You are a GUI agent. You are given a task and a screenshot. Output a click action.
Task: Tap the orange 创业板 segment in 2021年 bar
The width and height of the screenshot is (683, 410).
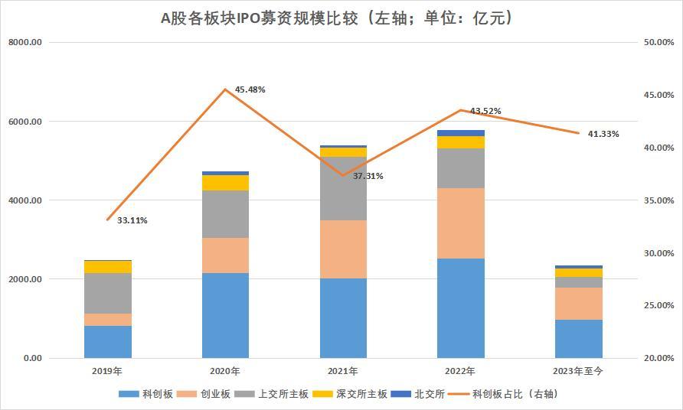pyautogui.click(x=343, y=249)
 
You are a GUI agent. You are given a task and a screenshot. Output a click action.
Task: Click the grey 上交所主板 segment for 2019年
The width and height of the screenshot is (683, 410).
pyautogui.click(x=108, y=293)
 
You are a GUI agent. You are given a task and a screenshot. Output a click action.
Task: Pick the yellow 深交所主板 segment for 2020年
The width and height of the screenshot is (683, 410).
pyautogui.click(x=225, y=182)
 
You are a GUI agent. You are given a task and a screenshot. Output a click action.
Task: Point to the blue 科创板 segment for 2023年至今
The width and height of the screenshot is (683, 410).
pyautogui.click(x=578, y=338)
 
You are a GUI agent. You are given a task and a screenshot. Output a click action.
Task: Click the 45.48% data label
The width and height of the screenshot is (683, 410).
pyautogui.click(x=250, y=89)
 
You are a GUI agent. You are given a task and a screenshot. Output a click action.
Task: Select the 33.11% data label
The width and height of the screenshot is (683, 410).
pyautogui.click(x=132, y=220)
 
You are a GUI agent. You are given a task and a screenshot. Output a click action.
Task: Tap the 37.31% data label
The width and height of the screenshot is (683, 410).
pyautogui.click(x=368, y=176)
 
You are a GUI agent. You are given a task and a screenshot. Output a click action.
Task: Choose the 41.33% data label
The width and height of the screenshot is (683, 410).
pyautogui.click(x=603, y=134)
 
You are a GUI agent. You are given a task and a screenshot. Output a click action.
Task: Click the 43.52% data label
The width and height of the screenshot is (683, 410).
pyautogui.click(x=485, y=111)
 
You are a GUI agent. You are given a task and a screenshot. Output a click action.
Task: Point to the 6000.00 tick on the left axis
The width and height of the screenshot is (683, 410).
pyautogui.click(x=25, y=122)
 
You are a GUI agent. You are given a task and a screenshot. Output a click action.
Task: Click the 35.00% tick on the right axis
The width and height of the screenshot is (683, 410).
pyautogui.click(x=657, y=200)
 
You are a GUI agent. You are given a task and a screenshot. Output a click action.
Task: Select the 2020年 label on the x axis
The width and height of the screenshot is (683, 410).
pyautogui.click(x=225, y=371)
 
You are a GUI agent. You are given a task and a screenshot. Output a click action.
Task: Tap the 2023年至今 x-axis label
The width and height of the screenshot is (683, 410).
pyautogui.click(x=578, y=371)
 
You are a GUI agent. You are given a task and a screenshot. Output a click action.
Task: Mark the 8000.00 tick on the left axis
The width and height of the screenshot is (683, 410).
pyautogui.click(x=25, y=43)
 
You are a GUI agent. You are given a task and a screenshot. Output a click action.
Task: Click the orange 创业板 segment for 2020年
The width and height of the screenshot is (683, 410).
pyautogui.click(x=225, y=255)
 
